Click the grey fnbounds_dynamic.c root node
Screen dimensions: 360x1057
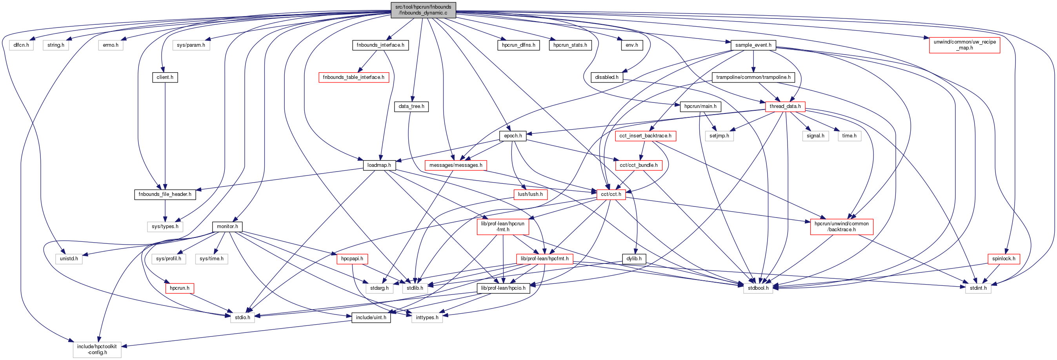[x=423, y=10]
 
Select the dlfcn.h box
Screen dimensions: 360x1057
[x=21, y=45]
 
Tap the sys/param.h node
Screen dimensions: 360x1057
[x=191, y=45]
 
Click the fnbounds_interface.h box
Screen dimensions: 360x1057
[x=380, y=45]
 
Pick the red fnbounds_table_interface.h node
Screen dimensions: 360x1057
[x=353, y=77]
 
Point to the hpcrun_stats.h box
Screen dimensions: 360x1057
[x=570, y=45]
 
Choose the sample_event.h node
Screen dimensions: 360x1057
[x=753, y=45]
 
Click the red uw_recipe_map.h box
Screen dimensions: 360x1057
[x=964, y=45]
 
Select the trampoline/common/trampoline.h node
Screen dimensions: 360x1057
[x=753, y=77]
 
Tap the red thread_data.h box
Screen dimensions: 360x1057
[x=785, y=106]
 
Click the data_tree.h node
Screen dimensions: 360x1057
[x=411, y=106]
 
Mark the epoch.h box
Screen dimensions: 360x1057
[x=513, y=136]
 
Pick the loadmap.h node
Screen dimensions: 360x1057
[x=379, y=165]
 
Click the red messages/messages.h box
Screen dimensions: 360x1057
[x=455, y=165]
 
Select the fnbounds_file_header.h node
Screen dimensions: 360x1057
[x=165, y=194]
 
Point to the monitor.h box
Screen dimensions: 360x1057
[x=227, y=227]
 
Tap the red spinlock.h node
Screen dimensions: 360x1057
[x=1003, y=259]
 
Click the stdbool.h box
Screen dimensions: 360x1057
[x=758, y=288]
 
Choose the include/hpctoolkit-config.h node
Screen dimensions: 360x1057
[x=97, y=349]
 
